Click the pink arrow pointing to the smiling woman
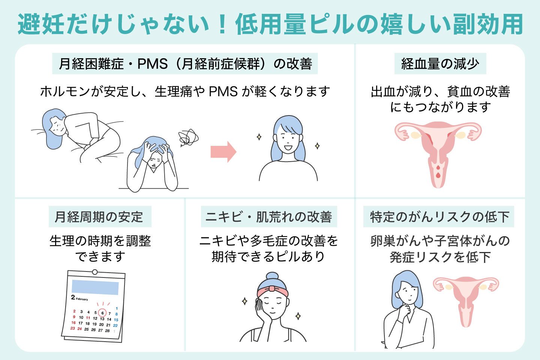[223, 152]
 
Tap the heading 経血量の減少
[440, 64]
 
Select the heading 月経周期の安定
[100, 217]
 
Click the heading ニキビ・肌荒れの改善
[269, 217]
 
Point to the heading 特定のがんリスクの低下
[439, 217]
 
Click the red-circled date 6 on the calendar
[102, 313]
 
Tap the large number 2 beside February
[73, 297]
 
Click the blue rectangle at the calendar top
[95, 287]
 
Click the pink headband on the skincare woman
[273, 290]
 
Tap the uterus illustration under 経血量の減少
[438, 152]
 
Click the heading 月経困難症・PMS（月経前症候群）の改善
[185, 64]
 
